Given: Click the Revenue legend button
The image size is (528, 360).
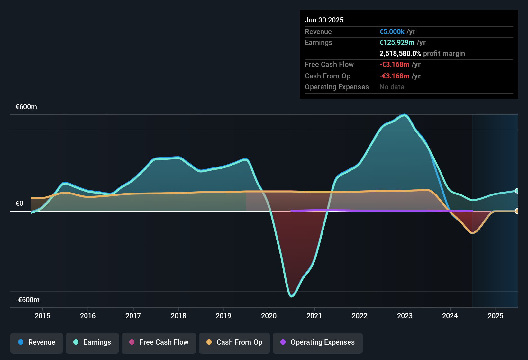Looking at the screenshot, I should tap(37, 342).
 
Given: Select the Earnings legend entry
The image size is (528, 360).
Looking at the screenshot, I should tap(92, 342).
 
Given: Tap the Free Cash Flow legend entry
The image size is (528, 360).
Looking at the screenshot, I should tap(159, 342).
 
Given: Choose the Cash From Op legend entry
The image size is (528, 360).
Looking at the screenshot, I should tap(234, 342).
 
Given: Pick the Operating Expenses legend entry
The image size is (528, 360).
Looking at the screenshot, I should tap(318, 342).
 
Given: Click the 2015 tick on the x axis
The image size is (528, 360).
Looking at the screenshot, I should tap(42, 316).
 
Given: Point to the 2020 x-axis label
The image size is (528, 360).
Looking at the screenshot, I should tap(269, 316).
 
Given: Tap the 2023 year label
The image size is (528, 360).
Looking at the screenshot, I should tap(405, 316).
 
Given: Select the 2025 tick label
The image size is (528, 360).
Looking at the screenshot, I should tap(496, 316).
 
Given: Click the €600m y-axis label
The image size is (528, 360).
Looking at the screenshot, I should tap(26, 107).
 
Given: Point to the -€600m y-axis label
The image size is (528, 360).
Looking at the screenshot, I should tap(28, 300).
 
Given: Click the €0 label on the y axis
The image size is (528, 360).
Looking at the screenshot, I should tap(20, 203).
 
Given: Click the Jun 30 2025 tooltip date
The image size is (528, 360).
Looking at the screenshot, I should tap(324, 20).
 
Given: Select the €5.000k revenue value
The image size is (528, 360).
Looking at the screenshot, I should tap(392, 32).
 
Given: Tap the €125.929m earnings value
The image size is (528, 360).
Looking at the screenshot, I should tap(397, 43).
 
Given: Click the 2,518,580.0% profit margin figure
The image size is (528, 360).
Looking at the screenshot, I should tap(400, 54).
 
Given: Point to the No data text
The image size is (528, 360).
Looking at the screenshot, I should tap(392, 87).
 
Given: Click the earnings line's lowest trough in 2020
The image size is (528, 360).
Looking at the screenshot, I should tap(292, 296).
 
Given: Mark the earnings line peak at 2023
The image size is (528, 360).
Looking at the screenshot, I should tap(405, 115).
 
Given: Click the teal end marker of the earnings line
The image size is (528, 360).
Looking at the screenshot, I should tap(516, 191).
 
